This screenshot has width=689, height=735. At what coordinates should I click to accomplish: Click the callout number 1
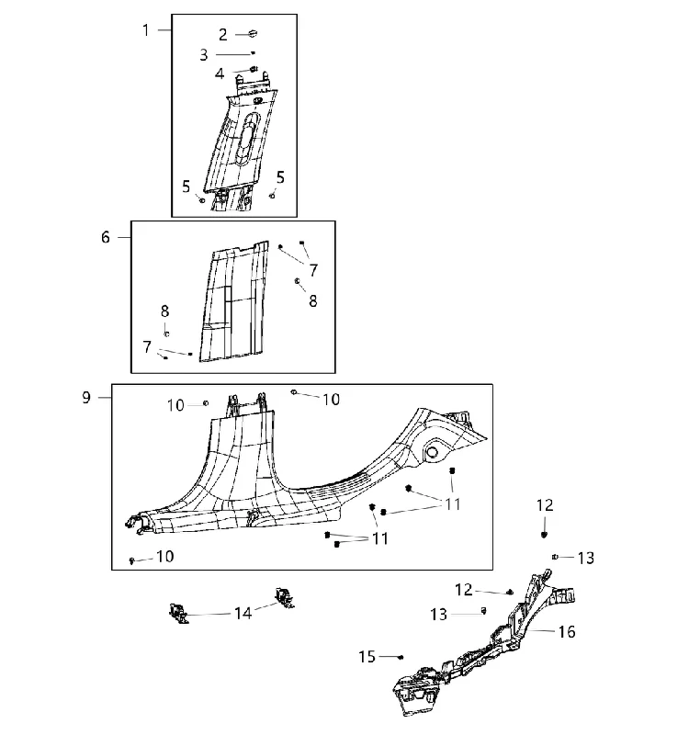coord(146,30)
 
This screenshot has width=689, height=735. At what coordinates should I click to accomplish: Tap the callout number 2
coord(223,35)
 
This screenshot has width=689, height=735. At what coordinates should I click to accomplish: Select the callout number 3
coord(203,55)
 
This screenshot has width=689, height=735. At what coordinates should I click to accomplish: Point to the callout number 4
coord(220,73)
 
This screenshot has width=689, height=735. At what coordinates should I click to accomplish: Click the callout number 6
coord(106,237)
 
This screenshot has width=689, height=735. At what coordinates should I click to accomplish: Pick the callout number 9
coord(86,398)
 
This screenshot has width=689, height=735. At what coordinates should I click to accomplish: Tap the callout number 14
coord(243,613)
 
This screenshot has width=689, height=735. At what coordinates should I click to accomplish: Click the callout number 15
coord(367,657)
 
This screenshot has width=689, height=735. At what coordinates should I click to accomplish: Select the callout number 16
coord(567,632)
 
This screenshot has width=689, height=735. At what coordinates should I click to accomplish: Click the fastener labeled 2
coord(253,33)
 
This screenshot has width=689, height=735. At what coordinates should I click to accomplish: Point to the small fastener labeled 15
coord(401,657)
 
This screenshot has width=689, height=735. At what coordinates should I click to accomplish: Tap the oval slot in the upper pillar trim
coord(248,139)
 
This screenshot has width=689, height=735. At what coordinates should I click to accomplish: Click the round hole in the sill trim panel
coord(431,452)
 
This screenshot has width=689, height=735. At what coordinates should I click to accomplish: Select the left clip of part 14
coord(178,613)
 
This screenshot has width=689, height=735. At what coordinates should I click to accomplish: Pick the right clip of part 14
coord(284,598)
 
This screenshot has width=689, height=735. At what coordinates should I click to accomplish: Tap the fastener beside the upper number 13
coord(555,557)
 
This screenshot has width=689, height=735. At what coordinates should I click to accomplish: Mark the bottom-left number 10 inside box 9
coord(164,557)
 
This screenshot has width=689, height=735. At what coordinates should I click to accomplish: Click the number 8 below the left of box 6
coord(164,311)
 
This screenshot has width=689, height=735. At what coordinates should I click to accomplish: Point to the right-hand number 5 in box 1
coord(280,177)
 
